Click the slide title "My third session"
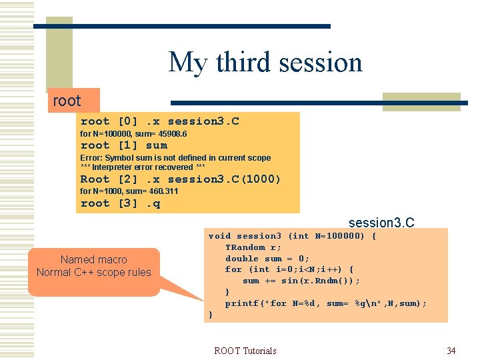click(x=265, y=63)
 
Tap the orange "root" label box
click(x=67, y=101)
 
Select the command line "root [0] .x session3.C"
click(x=159, y=121)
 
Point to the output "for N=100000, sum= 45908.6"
click(x=133, y=134)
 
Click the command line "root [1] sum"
click(x=124, y=145)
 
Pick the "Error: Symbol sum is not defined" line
click(x=175, y=158)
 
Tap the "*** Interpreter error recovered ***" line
click(x=143, y=167)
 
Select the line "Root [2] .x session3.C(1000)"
click(x=181, y=179)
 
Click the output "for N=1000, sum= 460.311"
click(x=129, y=191)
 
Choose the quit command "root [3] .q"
click(x=120, y=203)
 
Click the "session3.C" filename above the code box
click(x=381, y=222)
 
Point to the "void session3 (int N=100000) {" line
click(x=293, y=236)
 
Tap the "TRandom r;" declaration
click(x=253, y=247)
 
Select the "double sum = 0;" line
click(x=267, y=259)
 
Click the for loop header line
click(x=289, y=269)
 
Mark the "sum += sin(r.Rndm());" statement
click(x=301, y=281)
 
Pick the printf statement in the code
click(x=326, y=303)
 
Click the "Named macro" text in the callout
click(x=93, y=259)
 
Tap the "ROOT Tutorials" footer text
click(x=245, y=351)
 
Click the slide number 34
click(x=451, y=351)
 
